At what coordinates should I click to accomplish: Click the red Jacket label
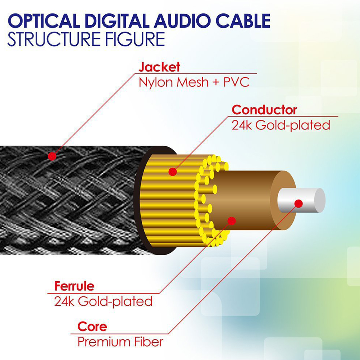159,67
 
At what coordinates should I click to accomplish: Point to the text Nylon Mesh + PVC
194,82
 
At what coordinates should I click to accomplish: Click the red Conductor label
264,110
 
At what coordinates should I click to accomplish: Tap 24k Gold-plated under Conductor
281,125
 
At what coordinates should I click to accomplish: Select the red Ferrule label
74,286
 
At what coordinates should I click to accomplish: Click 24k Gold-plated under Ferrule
103,301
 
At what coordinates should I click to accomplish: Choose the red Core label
92,327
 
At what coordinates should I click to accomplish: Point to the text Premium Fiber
120,342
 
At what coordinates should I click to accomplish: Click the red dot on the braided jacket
52,156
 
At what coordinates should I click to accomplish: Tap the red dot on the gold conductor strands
173,172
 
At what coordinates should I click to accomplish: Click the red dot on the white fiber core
299,204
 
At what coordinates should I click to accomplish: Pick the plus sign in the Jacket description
216,83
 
